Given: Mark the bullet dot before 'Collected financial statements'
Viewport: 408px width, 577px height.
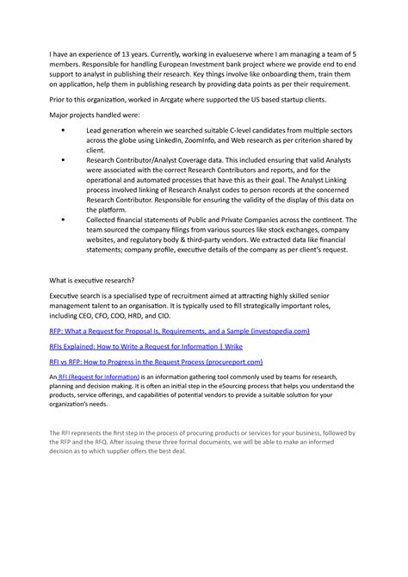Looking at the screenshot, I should pyautogui.click(x=66, y=220).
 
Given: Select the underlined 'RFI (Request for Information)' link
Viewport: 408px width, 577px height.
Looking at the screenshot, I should pyautogui.click(x=96, y=377).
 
